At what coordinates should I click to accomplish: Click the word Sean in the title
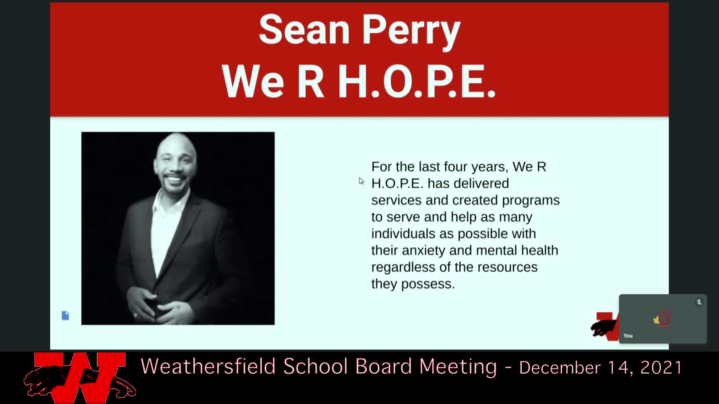click(304, 30)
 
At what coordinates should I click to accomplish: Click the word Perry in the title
click(411, 32)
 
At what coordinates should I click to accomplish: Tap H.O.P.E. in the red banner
click(417, 81)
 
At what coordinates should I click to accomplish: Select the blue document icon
click(65, 315)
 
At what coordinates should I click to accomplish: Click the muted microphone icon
click(699, 302)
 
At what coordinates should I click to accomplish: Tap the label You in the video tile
click(628, 336)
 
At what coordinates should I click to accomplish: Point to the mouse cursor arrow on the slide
click(361, 181)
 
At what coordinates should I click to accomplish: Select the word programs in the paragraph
click(531, 201)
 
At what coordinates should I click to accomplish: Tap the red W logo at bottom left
click(79, 377)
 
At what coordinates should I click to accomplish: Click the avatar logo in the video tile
click(662, 319)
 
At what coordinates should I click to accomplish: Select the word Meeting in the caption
click(458, 367)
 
